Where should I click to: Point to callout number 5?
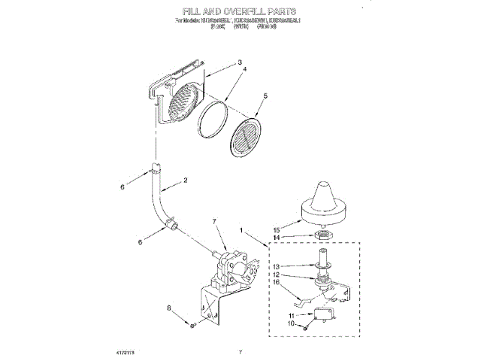[x=265, y=96]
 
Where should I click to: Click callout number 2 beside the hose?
[x=185, y=180]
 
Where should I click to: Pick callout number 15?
[x=276, y=229]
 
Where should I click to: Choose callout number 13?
[x=276, y=266]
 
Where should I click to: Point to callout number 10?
[x=292, y=325]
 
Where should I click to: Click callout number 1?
[x=241, y=229]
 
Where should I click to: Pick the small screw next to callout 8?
[x=192, y=324]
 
